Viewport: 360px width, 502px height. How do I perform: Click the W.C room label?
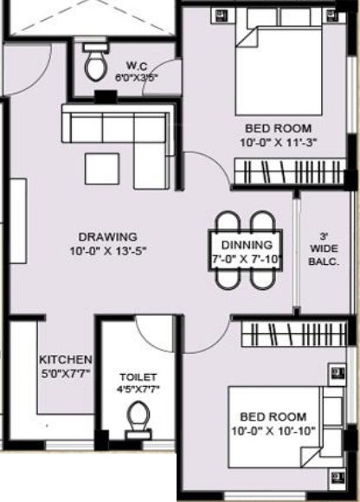(136, 64)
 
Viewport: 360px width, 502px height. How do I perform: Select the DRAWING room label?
(107, 236)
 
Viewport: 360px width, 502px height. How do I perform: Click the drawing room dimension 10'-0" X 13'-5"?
(107, 252)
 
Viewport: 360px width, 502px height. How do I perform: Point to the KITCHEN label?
(65, 359)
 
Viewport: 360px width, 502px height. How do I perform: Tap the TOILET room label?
(138, 376)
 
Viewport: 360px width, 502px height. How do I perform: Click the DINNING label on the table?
(247, 245)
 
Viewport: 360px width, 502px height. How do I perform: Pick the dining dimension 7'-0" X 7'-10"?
(247, 257)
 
